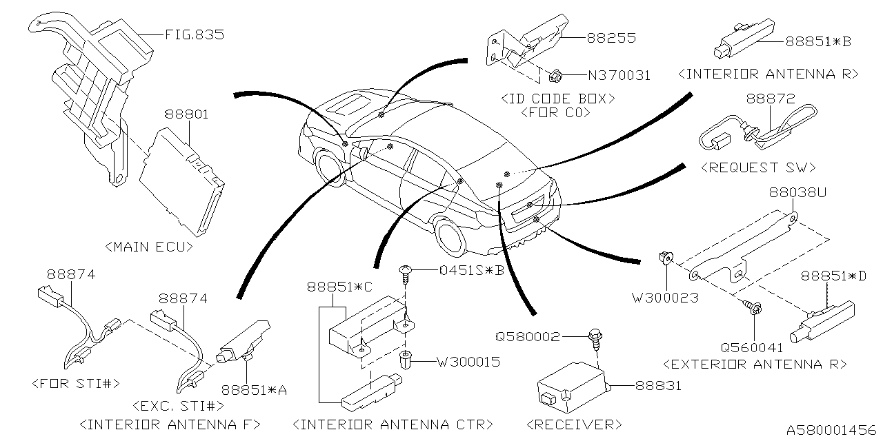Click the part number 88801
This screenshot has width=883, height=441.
186,115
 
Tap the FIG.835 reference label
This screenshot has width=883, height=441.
195,34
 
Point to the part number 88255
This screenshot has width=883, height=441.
611,39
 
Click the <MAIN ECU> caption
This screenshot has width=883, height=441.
149,245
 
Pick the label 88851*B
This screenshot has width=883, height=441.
817,41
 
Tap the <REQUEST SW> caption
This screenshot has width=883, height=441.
757,167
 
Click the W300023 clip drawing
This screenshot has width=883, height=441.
666,260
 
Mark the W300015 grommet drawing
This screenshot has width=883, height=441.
406,360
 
